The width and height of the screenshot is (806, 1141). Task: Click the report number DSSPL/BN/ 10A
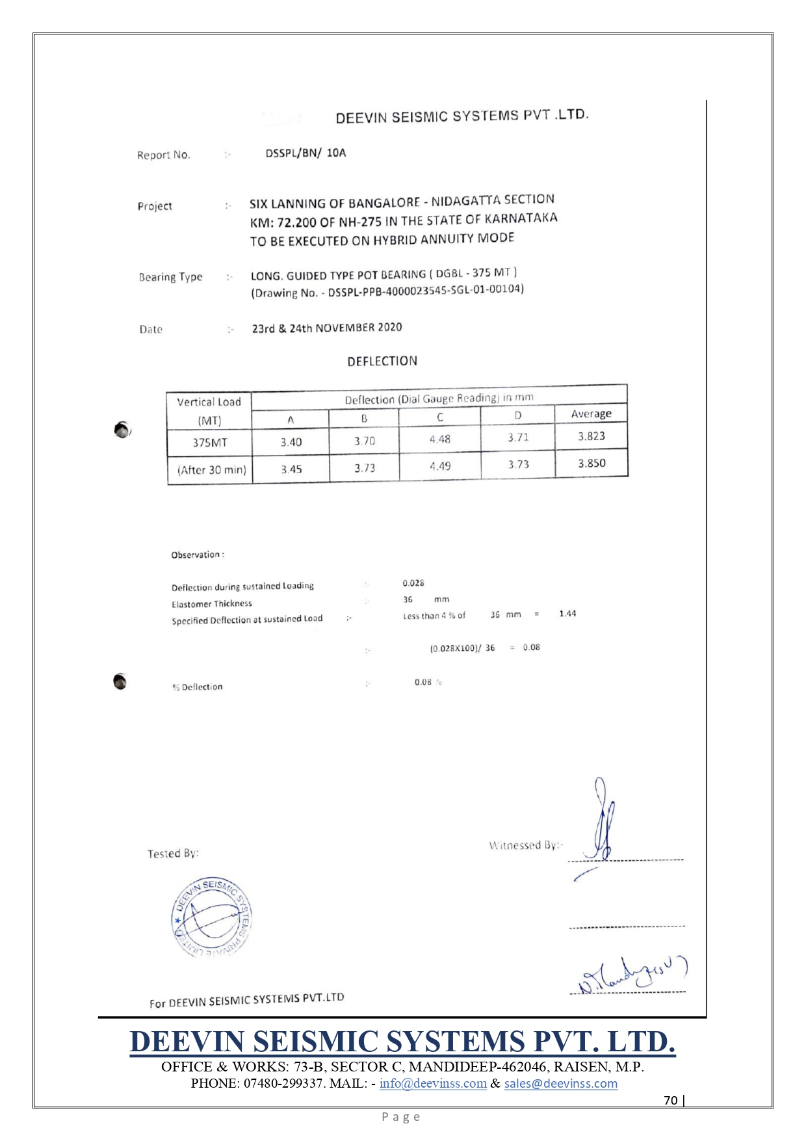pyautogui.click(x=305, y=153)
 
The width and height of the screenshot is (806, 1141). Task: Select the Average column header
pyautogui.click(x=591, y=413)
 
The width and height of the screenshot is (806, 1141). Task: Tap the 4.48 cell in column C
pyautogui.click(x=439, y=439)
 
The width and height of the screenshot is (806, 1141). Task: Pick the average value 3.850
pyautogui.click(x=591, y=463)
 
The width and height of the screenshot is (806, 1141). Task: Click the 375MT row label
pyautogui.click(x=209, y=442)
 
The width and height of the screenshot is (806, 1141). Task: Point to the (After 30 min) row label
pyautogui.click(x=211, y=469)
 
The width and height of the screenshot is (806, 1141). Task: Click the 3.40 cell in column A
pyautogui.click(x=291, y=442)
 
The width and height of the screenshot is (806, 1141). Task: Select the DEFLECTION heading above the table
pyautogui.click(x=382, y=361)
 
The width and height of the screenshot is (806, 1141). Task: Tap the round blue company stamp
pyautogui.click(x=211, y=917)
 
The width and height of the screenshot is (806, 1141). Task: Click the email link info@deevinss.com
pyautogui.click(x=433, y=1083)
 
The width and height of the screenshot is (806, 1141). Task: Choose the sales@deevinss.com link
pyautogui.click(x=560, y=1083)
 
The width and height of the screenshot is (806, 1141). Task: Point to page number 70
pyautogui.click(x=670, y=1100)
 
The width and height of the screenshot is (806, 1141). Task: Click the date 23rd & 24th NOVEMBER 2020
pyautogui.click(x=327, y=328)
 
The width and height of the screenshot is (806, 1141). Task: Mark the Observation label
pyautogui.click(x=198, y=555)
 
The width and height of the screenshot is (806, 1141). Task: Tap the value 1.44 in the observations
pyautogui.click(x=567, y=613)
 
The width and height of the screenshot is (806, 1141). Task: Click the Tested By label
pyautogui.click(x=173, y=853)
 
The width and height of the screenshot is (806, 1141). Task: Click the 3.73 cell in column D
pyautogui.click(x=518, y=464)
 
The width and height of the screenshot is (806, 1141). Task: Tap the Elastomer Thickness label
pyautogui.click(x=212, y=603)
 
